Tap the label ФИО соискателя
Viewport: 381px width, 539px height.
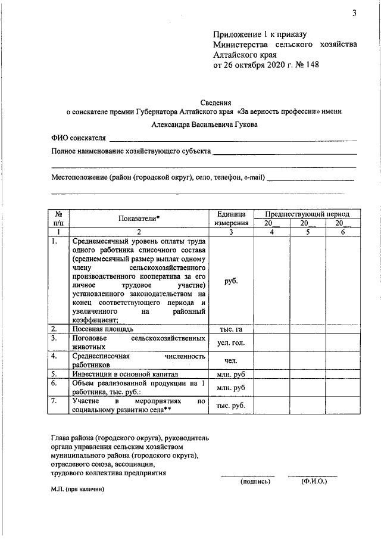pos(79,138)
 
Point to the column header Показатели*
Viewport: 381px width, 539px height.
pos(139,219)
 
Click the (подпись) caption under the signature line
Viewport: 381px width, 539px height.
pos(255,481)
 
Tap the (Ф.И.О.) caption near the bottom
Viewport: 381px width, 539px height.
pos(314,481)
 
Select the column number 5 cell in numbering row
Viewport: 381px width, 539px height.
pos(307,232)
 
